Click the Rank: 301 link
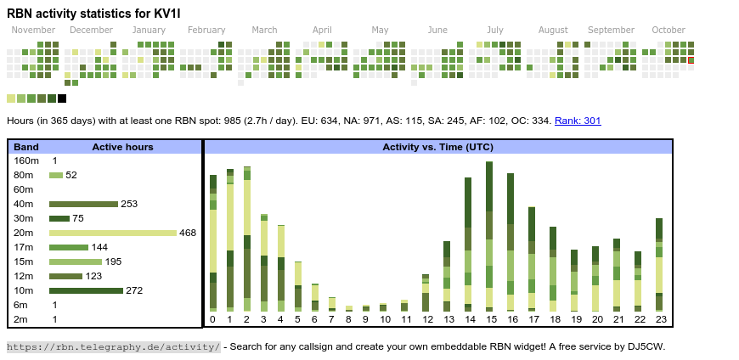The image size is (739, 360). [578, 121]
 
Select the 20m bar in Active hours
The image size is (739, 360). [113, 233]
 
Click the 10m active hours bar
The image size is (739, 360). [86, 290]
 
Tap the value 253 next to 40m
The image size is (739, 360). [129, 204]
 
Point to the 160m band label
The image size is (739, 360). [26, 160]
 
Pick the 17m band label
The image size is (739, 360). [24, 247]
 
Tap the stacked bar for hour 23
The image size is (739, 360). [659, 265]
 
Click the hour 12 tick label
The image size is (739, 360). [427, 319]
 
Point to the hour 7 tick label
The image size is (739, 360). [331, 319]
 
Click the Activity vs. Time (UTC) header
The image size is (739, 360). [437, 147]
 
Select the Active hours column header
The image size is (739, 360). [122, 147]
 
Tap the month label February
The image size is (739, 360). [206, 31]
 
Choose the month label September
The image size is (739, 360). [611, 31]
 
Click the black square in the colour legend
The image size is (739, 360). [62, 98]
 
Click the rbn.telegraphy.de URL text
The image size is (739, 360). [113, 346]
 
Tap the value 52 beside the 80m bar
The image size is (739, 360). [71, 175]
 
